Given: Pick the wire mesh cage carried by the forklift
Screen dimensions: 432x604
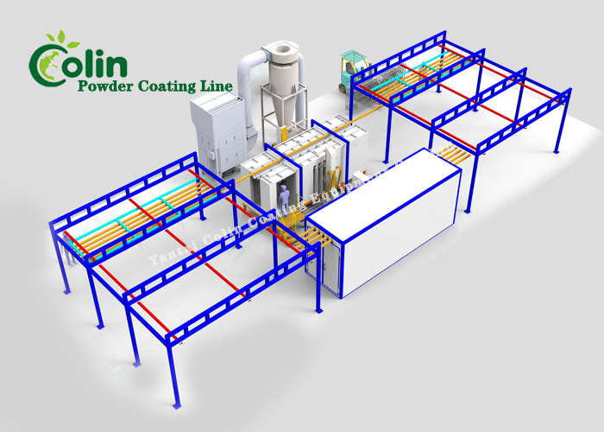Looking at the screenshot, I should tap(380, 82).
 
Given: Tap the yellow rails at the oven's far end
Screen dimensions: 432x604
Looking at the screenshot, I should tap(449, 156).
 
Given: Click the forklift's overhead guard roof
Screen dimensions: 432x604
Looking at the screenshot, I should tap(349, 55).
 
